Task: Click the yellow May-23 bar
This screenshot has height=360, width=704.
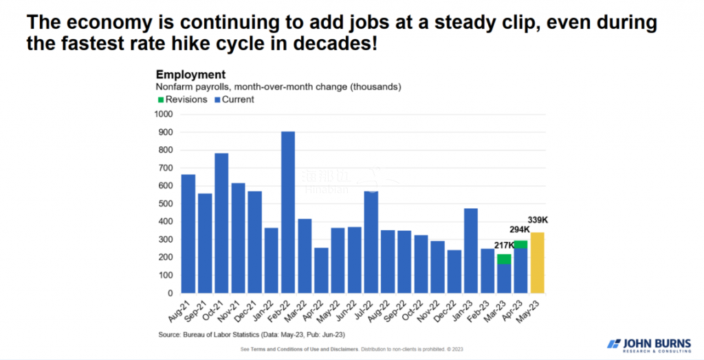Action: pyautogui.click(x=538, y=262)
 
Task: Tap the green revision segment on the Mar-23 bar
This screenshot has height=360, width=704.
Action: pyautogui.click(x=504, y=259)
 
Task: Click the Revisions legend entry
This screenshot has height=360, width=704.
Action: pyautogui.click(x=182, y=100)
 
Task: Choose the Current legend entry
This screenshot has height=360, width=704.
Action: pyautogui.click(x=236, y=100)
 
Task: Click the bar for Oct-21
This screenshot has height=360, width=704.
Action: pyautogui.click(x=221, y=223)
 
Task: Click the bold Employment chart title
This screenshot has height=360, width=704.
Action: pyautogui.click(x=190, y=74)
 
